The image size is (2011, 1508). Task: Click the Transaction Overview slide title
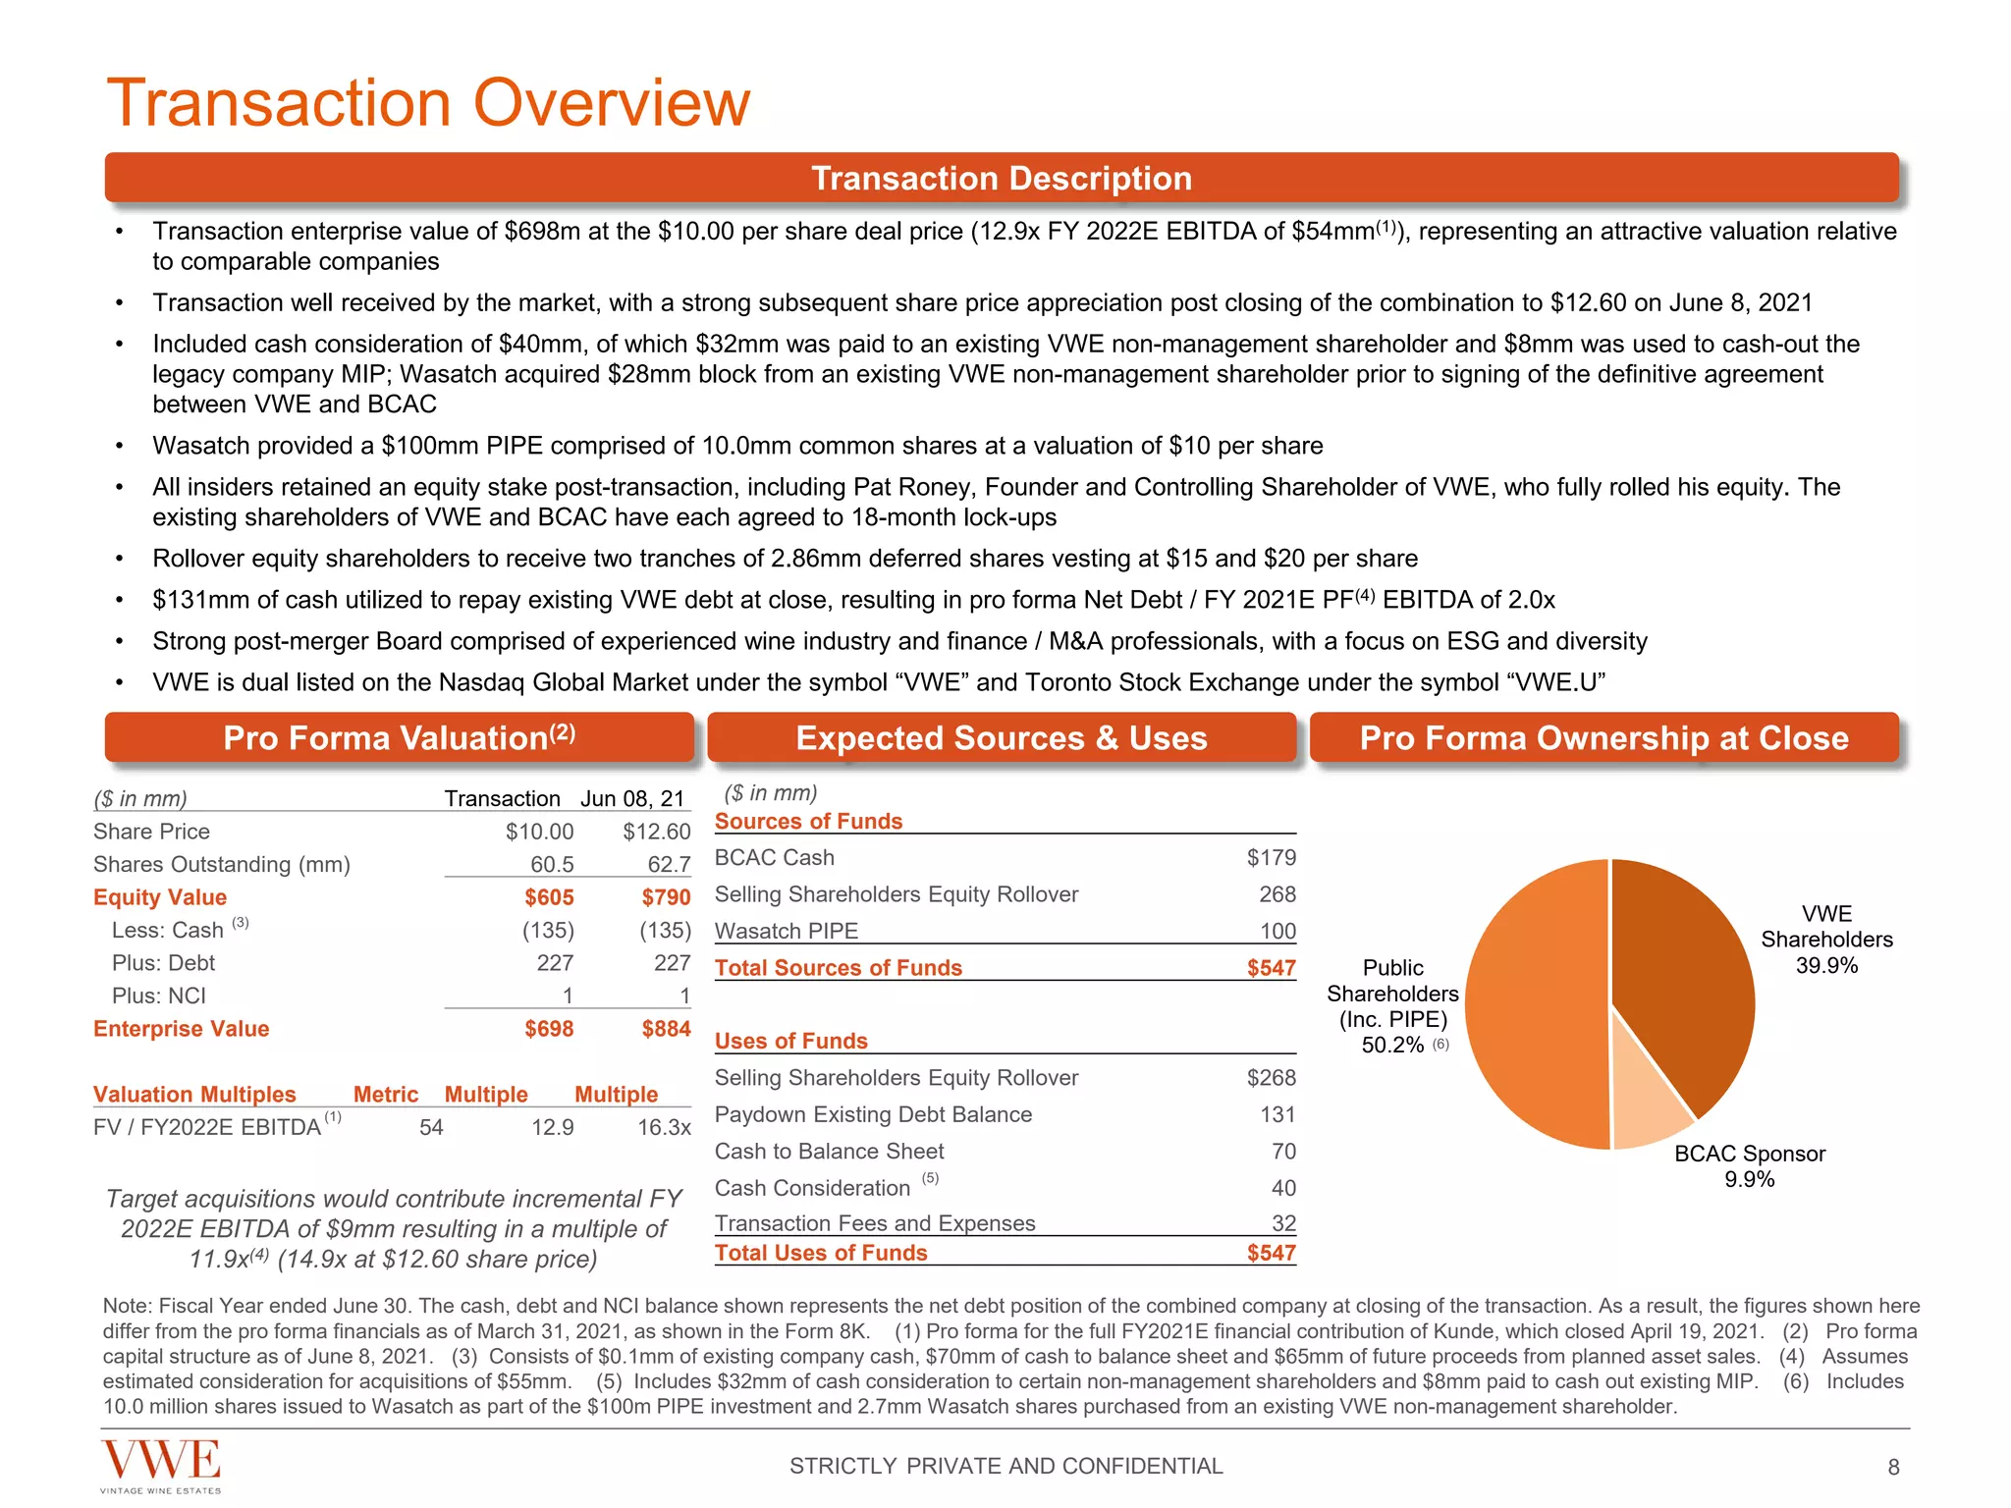point(428,102)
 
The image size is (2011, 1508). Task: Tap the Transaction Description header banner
point(1002,179)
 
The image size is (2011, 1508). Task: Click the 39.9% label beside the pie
point(1826,965)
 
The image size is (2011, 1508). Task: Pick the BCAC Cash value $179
point(1271,857)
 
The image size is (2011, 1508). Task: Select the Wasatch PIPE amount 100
point(1277,931)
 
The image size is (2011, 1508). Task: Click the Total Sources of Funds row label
point(838,967)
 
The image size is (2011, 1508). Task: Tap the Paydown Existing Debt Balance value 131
point(1277,1114)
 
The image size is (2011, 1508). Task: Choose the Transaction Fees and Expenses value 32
point(1283,1223)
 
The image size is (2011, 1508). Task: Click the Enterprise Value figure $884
point(666,1029)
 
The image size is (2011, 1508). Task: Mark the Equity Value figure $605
point(549,897)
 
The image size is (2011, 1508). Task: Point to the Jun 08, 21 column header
point(631,798)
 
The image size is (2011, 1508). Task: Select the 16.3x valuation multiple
point(664,1127)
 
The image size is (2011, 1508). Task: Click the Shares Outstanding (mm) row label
point(221,864)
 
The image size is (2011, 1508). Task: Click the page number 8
point(1893,1467)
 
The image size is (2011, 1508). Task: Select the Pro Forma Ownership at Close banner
point(1603,737)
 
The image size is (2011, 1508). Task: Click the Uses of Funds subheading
point(790,1041)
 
